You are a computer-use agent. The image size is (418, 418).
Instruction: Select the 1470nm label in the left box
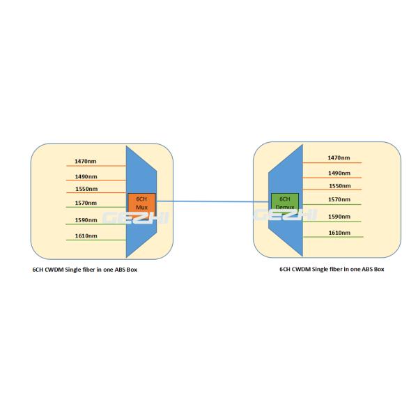click(x=86, y=162)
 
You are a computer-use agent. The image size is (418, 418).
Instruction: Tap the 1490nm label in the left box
click(x=86, y=176)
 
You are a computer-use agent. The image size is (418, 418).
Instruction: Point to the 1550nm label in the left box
click(x=86, y=189)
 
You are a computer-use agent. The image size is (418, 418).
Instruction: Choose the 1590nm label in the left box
click(x=86, y=220)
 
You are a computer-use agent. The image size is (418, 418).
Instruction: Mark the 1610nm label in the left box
click(x=86, y=236)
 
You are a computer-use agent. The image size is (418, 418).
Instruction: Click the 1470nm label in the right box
click(x=339, y=158)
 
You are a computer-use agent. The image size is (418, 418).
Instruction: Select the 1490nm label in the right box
click(x=339, y=173)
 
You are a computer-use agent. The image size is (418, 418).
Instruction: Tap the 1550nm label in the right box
click(x=339, y=186)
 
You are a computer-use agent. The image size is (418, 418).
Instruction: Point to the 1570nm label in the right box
click(x=339, y=199)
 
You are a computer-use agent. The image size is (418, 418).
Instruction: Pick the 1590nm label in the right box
click(x=339, y=217)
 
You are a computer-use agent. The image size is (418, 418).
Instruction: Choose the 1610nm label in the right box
click(x=339, y=232)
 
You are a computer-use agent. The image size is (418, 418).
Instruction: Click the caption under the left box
click(x=85, y=269)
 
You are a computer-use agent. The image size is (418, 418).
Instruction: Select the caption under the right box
click(x=331, y=269)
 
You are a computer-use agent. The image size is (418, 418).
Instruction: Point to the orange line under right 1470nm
click(x=334, y=163)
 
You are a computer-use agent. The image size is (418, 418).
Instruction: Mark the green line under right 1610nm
click(x=334, y=237)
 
